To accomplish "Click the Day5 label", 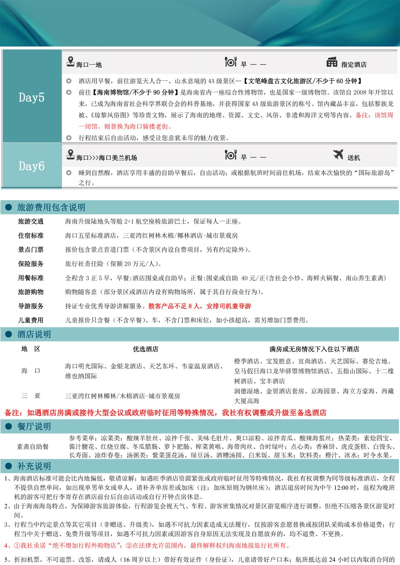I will [x=32, y=97].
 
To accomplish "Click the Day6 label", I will [x=32, y=166].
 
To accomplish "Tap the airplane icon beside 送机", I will [x=338, y=155].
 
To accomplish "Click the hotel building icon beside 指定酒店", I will [x=332, y=62].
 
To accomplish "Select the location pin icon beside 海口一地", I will [x=71, y=62].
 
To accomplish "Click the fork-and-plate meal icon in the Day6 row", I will [x=230, y=155].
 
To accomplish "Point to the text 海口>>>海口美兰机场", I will [x=106, y=158].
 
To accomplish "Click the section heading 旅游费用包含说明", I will [x=51, y=207].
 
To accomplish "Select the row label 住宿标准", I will [x=31, y=235].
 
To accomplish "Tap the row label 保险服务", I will [x=31, y=264].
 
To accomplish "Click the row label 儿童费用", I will [x=31, y=320].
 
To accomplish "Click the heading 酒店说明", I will [x=34, y=334].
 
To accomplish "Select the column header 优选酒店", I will [x=146, y=349].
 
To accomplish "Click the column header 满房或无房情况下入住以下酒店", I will [x=314, y=349].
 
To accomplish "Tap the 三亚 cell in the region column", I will [x=31, y=396].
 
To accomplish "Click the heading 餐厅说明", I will [x=34, y=426].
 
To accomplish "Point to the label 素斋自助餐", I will [x=33, y=446].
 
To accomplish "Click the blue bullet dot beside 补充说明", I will [x=8, y=466].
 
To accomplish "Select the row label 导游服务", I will [x=31, y=306].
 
